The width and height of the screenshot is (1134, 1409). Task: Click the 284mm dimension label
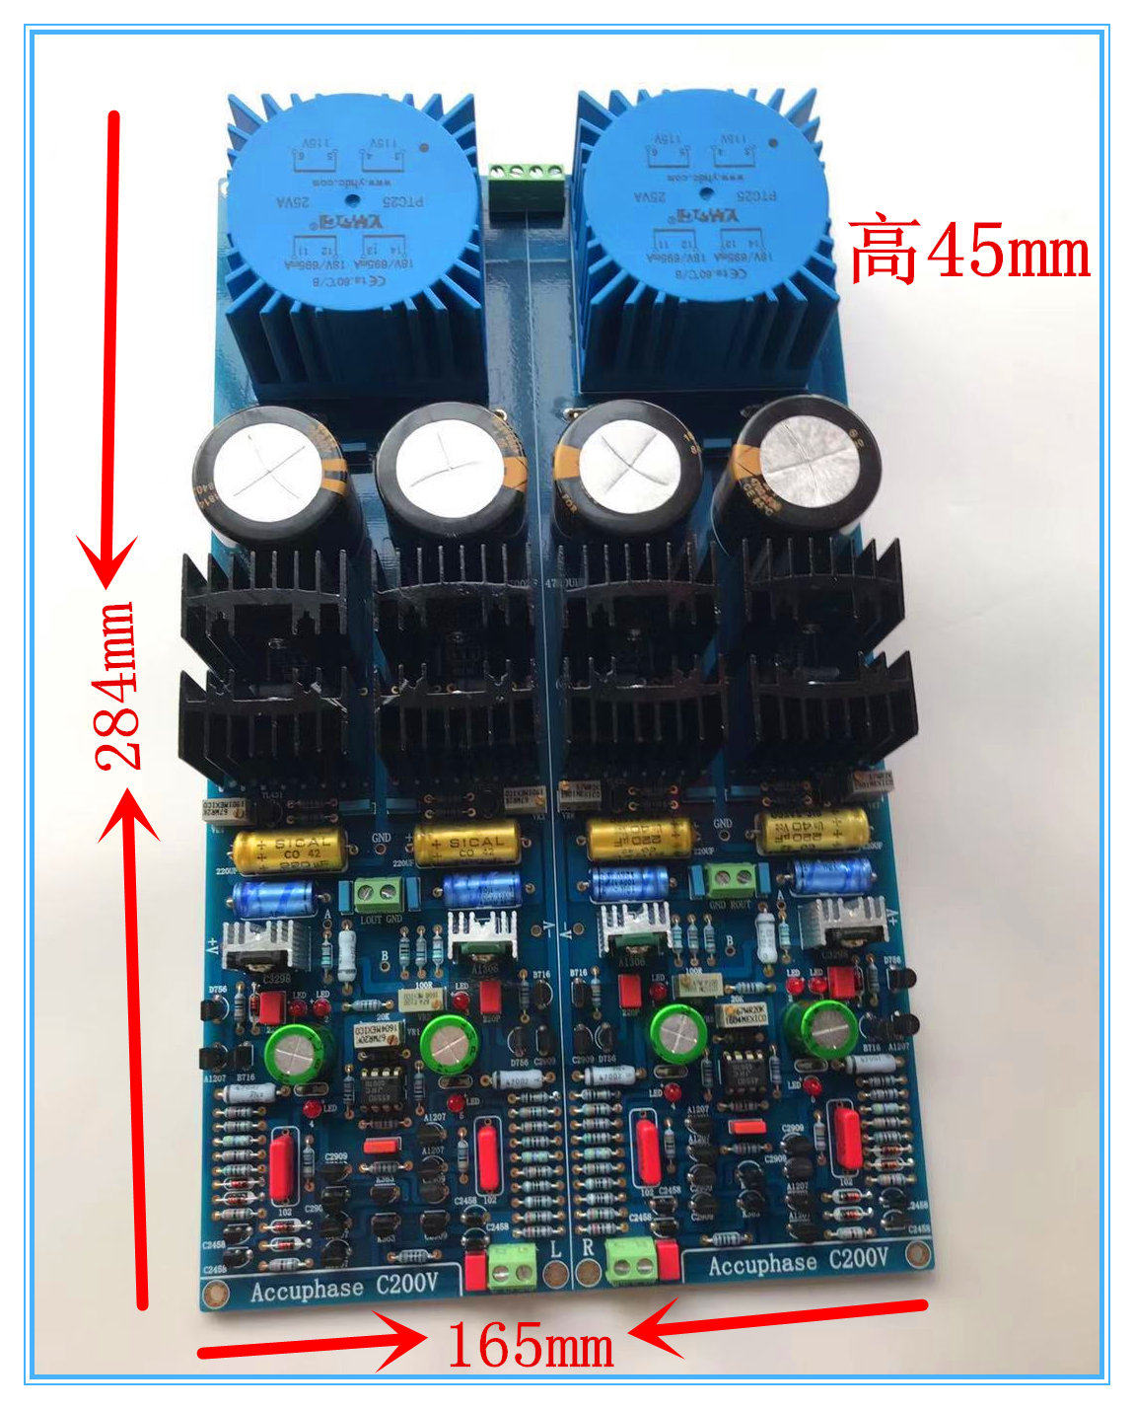tap(119, 685)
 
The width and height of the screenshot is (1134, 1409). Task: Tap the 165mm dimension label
tap(530, 1344)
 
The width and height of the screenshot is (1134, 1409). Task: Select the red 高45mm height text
tap(969, 251)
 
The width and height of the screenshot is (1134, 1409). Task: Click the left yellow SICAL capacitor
tap(292, 850)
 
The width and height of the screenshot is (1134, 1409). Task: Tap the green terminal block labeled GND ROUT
tap(730, 876)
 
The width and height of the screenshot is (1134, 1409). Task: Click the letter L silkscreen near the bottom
tap(556, 1249)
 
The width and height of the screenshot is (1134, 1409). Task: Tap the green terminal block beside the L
tap(512, 1266)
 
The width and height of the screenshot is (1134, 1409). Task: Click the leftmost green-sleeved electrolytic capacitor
tap(293, 1053)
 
